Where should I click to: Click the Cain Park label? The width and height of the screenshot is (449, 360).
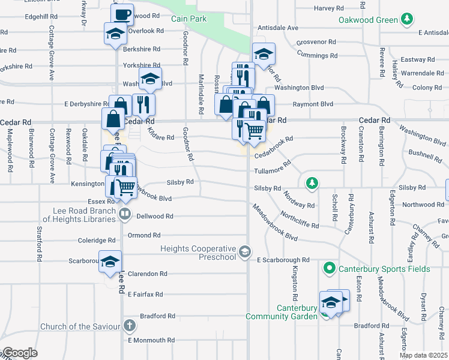point(188,19)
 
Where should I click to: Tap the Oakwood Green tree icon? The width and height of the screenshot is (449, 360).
point(408,19)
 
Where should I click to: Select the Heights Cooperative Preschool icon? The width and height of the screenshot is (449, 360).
point(244,252)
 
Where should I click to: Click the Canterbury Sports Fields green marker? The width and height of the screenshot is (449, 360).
point(329,268)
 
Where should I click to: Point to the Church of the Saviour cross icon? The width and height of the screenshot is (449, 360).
point(128,326)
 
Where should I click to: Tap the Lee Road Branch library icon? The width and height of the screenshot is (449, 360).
point(125,212)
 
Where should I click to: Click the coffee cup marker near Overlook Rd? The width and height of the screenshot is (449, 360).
point(122,14)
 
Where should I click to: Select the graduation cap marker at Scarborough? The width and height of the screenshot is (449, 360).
point(110,262)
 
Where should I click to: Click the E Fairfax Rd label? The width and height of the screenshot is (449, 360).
point(145,295)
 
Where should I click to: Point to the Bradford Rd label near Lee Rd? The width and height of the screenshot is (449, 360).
point(157,316)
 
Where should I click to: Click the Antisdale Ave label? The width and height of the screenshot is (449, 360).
point(277,28)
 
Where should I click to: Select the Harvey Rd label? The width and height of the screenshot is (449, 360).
point(332,8)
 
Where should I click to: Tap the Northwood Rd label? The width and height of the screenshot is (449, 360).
point(423,205)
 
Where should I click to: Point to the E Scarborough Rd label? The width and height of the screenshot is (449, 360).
point(283,260)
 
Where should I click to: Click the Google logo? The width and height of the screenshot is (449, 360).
point(20,353)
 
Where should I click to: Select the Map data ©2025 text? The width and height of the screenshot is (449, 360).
point(423,355)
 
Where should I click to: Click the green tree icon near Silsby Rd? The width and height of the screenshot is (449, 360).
point(311,182)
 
